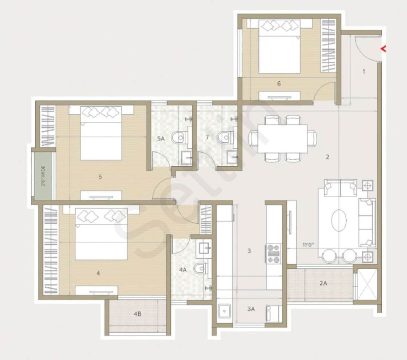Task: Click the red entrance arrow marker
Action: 384,49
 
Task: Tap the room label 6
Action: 279,84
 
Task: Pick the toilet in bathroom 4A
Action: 200,268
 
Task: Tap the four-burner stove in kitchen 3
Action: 274,253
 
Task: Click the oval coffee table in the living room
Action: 339,220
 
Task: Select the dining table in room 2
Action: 282,139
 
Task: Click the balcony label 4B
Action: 138,314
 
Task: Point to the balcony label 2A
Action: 323,283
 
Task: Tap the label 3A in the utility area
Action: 251,309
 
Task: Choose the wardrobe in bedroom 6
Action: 327,46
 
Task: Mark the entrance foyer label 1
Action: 364,71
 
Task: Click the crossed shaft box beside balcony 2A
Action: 367,284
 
